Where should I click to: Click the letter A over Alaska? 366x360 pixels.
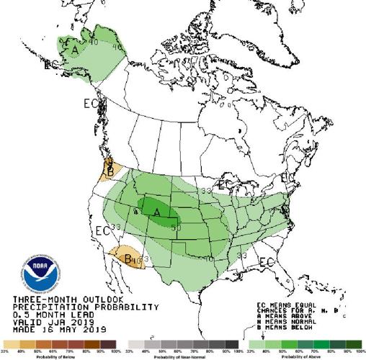pyautogui.click(x=75, y=50)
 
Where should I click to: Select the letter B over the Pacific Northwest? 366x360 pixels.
pyautogui.click(x=109, y=172)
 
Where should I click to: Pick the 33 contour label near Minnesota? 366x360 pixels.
pyautogui.click(x=205, y=190)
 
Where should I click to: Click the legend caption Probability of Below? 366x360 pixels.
pyautogui.click(x=58, y=356)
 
